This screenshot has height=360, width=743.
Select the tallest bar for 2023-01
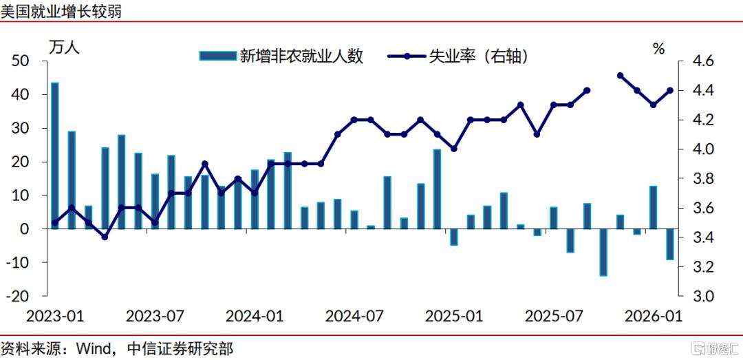click(54, 156)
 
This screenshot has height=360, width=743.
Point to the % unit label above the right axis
click(659, 48)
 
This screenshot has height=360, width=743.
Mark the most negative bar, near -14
click(603, 253)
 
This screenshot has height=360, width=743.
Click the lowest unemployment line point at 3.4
click(105, 237)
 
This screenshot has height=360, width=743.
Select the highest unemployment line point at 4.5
click(620, 76)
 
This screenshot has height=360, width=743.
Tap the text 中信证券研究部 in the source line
click(180, 350)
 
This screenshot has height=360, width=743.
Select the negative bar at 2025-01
click(453, 237)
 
